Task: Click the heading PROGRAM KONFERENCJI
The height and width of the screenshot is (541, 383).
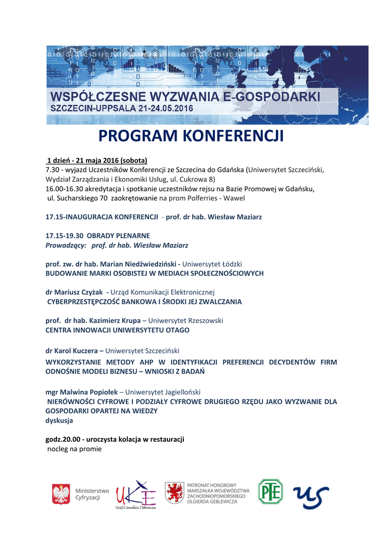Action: (191, 136)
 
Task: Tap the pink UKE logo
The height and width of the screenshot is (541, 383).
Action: (136, 495)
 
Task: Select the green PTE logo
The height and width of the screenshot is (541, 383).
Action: (270, 491)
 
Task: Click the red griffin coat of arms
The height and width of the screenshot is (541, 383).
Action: (174, 492)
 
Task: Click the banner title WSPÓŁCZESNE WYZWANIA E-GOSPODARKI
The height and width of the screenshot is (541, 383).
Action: (185, 97)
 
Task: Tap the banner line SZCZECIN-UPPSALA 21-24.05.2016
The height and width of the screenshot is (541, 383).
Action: (122, 108)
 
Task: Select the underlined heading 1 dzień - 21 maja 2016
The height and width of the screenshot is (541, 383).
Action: (97, 160)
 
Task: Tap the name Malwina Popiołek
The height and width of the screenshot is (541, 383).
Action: (90, 391)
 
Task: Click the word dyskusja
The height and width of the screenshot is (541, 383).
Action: (59, 421)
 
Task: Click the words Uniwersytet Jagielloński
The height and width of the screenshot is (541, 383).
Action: (163, 391)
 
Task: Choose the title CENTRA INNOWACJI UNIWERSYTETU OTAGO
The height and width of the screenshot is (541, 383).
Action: (117, 330)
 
